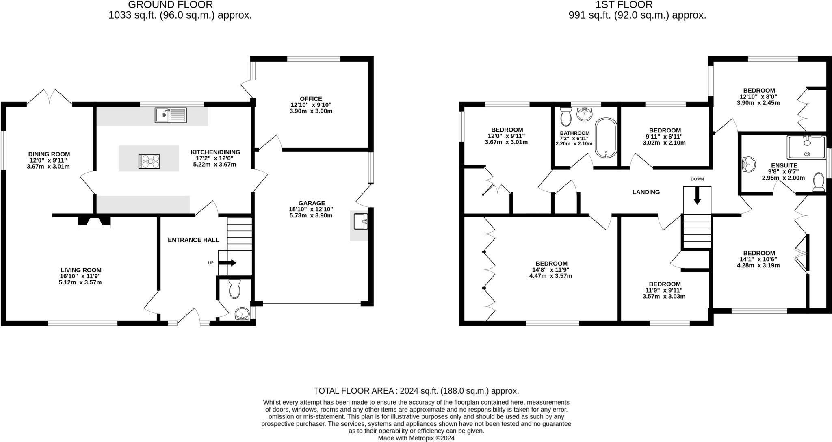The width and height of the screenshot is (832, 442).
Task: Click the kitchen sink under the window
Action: [171, 115]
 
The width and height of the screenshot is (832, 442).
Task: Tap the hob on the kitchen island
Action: [149, 161]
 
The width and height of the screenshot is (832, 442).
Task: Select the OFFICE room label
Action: [311, 99]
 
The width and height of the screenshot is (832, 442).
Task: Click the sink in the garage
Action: [360, 221]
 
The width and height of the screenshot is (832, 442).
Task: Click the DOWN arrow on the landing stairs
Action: [697, 196]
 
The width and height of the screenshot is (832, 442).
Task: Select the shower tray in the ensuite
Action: [806, 147]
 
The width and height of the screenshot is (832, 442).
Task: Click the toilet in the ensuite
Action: [819, 182]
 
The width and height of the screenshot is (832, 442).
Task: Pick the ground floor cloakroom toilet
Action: [234, 289]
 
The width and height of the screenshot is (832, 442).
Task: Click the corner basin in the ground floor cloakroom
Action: [243, 314]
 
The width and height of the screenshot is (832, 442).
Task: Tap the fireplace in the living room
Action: [94, 222]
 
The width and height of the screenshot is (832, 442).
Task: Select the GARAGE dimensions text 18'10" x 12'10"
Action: [312, 209]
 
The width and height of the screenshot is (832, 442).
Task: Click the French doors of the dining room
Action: [50, 97]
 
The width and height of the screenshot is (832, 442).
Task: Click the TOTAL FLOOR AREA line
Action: [416, 391]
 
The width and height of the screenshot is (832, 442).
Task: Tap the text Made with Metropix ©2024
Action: [416, 438]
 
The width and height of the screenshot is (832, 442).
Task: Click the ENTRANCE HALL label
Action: [193, 240]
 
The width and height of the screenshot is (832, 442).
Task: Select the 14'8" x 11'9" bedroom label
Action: [551, 270]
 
